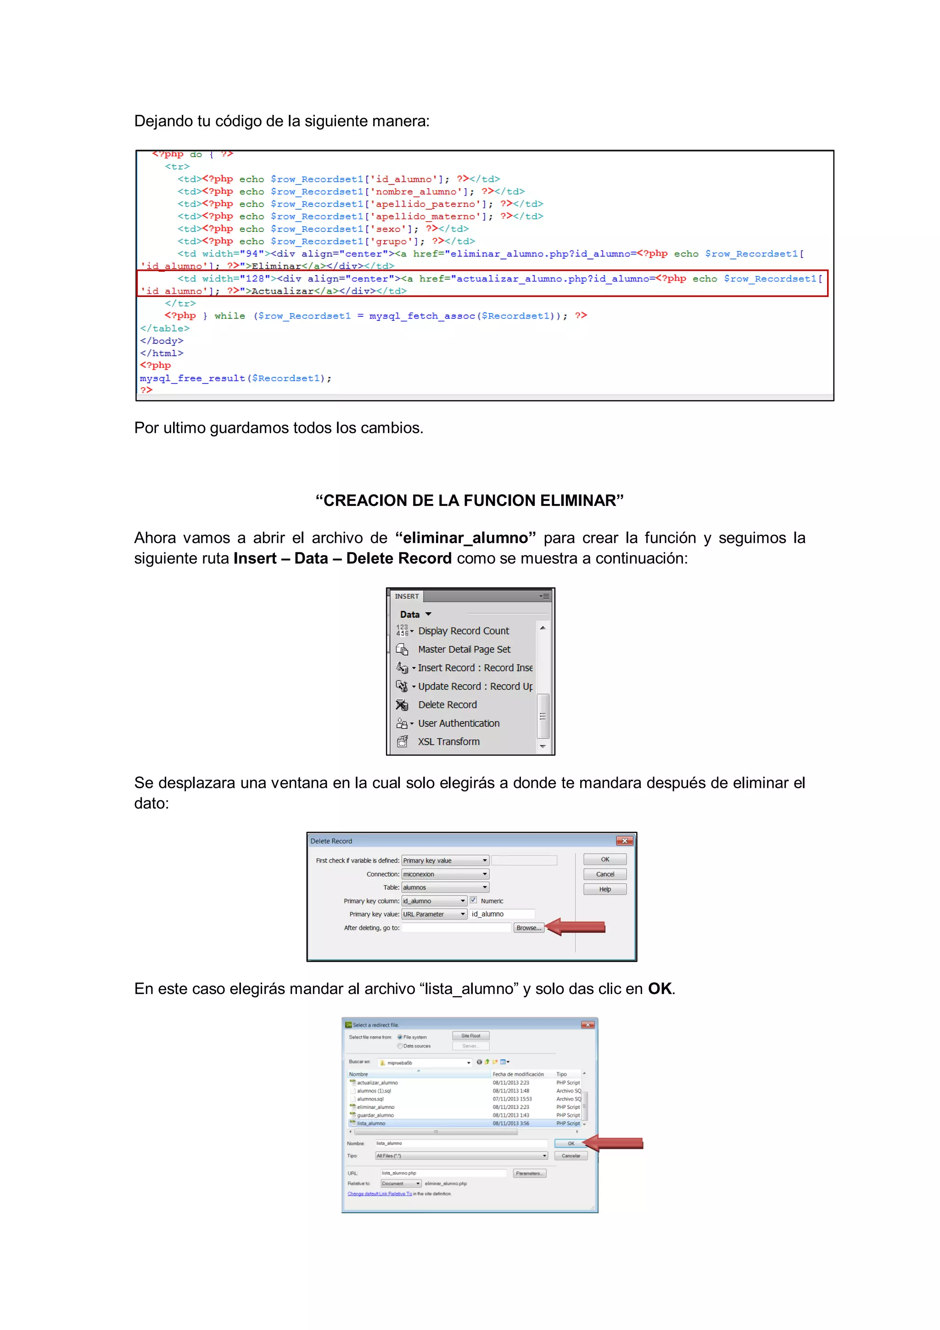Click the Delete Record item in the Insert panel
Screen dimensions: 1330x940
click(447, 705)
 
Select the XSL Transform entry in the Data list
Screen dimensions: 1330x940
click(448, 742)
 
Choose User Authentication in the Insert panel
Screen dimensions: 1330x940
click(458, 724)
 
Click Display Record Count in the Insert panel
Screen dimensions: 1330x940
click(463, 631)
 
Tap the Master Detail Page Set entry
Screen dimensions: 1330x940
click(464, 649)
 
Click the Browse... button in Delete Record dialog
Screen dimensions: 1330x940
click(528, 928)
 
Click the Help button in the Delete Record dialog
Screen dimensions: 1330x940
click(604, 889)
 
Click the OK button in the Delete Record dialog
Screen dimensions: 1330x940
click(604, 859)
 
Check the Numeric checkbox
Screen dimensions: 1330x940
click(473, 900)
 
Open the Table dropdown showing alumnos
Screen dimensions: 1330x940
click(445, 887)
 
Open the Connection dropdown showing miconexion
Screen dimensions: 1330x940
click(445, 874)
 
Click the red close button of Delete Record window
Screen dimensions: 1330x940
click(624, 841)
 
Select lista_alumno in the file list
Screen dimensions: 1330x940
click(371, 1123)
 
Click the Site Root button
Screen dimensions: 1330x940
click(470, 1036)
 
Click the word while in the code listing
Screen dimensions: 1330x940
click(229, 316)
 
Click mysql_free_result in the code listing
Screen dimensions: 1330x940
click(192, 378)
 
